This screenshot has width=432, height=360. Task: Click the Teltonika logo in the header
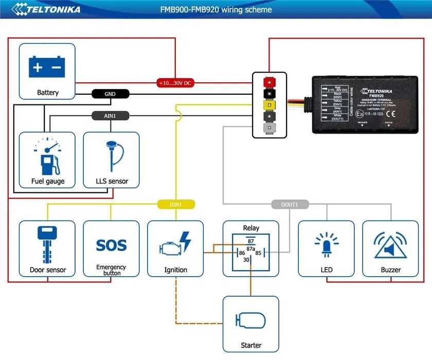point(46,9)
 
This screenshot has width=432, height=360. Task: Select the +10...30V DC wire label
point(175,82)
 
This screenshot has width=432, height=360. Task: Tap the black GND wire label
point(110,94)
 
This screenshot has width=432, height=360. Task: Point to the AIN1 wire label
point(110,116)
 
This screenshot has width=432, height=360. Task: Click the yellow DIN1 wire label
point(176,204)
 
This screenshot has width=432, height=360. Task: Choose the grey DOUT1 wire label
point(290,204)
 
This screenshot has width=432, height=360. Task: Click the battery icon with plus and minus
point(47,67)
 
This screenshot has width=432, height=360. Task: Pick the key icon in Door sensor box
point(47,244)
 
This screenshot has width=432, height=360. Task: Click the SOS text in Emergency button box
point(111,245)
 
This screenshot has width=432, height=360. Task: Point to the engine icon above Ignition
point(175,245)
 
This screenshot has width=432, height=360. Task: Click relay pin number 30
point(246,260)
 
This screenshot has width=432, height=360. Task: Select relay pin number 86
point(241,253)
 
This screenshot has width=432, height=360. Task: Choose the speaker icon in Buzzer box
point(390,246)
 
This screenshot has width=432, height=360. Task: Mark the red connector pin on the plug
point(268,82)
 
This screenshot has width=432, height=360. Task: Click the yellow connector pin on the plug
point(268,105)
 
